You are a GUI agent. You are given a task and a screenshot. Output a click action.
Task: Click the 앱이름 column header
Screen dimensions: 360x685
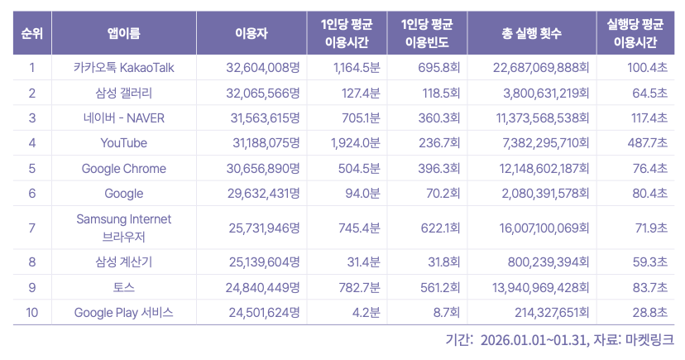123,34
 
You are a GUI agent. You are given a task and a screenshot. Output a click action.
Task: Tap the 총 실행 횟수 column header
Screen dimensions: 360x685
531,34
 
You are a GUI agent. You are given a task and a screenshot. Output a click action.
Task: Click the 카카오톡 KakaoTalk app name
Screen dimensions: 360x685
123,67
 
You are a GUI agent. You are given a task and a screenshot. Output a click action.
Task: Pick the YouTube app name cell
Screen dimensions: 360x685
123,143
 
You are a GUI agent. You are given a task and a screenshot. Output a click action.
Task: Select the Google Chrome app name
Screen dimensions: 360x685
123,169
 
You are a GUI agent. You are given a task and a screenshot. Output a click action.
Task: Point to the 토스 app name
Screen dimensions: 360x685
123,287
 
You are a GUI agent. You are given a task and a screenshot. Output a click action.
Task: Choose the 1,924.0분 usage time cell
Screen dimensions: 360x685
355,143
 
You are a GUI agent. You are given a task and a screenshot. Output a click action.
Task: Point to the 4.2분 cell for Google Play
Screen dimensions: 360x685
365,312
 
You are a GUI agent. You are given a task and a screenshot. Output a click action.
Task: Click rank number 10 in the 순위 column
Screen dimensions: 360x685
31,312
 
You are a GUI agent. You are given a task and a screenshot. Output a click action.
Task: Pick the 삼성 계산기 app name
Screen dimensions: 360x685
123,262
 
